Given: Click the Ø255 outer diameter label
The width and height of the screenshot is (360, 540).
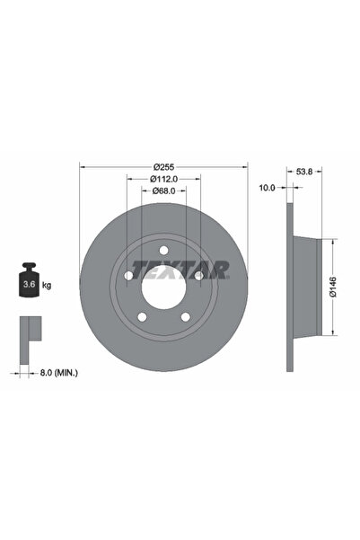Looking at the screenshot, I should click(x=162, y=167).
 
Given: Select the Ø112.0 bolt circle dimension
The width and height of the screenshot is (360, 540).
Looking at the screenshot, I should click(x=162, y=178).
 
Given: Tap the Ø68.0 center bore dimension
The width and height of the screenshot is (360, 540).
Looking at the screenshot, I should click(x=162, y=190).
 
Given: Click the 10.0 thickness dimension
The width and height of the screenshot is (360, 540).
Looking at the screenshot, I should click(x=267, y=188).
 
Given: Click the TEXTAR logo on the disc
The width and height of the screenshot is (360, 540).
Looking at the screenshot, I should click(x=180, y=268).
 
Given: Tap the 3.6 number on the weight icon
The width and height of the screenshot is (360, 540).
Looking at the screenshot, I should click(x=26, y=285).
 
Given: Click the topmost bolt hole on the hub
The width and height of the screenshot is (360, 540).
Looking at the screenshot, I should click(x=163, y=250).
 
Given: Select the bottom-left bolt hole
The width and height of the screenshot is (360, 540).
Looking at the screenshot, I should click(x=142, y=316).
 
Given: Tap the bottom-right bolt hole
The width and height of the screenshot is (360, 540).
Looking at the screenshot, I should click(x=185, y=316).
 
